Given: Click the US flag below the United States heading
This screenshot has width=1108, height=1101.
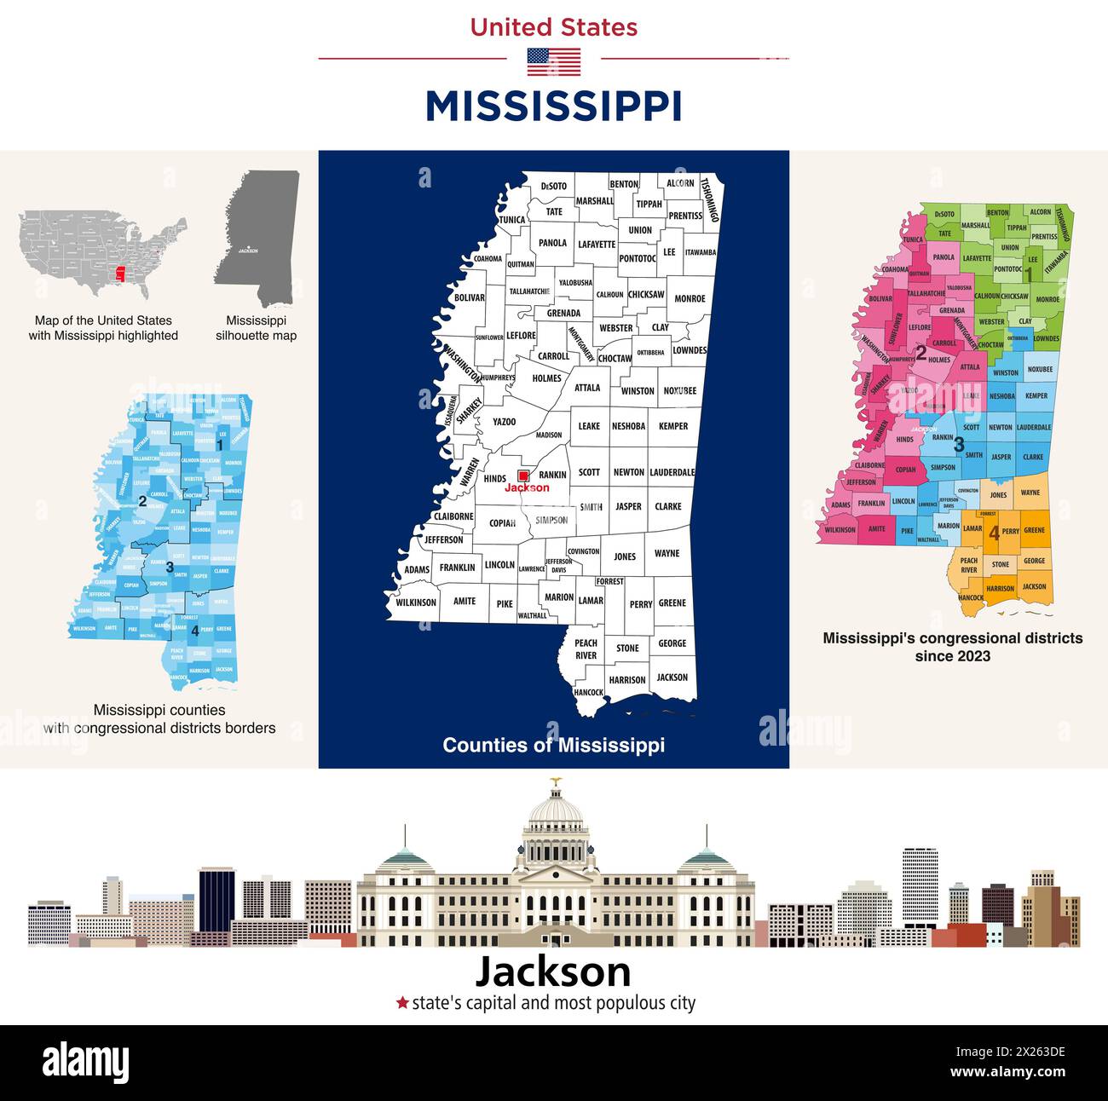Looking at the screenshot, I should point(553,62).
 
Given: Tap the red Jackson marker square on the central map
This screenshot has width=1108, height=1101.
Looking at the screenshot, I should point(523,476).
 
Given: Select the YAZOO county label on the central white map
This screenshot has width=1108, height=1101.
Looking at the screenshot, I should point(504,422).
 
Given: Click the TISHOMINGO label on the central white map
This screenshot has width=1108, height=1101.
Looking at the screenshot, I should point(710,200).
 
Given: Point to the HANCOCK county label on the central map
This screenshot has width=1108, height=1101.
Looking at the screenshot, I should point(588,692).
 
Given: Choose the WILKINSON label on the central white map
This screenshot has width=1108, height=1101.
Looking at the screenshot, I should point(416,602).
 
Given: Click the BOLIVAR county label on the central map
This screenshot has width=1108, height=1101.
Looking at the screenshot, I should point(470,298).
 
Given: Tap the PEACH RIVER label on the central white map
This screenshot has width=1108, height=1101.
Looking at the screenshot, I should point(586,649).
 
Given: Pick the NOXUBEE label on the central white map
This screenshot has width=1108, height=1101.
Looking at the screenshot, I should point(679,391).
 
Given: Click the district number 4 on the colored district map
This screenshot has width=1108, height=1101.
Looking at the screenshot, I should point(994,533).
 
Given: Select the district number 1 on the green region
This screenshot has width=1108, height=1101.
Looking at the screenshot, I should point(1029,274).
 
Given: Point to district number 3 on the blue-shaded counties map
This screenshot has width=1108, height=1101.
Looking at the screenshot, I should point(170,567).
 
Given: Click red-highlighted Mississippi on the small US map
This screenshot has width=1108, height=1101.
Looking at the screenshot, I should point(120,275).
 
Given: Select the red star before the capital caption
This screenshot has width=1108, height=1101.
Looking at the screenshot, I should point(402,1003).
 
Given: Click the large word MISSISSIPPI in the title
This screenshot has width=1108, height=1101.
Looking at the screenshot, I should point(553,107).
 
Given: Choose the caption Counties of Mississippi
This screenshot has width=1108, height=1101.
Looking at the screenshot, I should point(553,745).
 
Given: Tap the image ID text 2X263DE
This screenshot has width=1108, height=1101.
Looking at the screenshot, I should point(1023,1051).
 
